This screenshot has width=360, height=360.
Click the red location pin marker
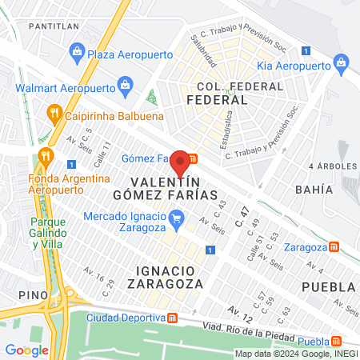(181, 162)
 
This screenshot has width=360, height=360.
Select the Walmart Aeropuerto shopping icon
(125, 83)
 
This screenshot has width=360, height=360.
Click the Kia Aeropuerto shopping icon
(342, 62)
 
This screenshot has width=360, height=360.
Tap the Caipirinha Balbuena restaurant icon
(54, 113)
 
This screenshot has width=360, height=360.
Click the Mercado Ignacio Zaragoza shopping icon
(177, 217)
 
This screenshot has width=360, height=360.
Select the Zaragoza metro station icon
(334, 246)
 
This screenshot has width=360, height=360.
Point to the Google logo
(26, 350)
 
